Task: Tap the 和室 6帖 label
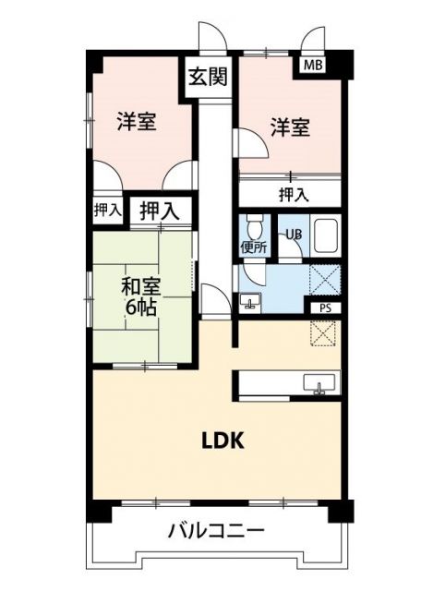pyautogui.click(x=140, y=296)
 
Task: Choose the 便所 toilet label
pyautogui.click(x=254, y=247)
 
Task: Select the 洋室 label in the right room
pyautogui.click(x=289, y=128)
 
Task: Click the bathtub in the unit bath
pyautogui.click(x=326, y=237)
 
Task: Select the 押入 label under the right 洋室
pyautogui.click(x=294, y=194)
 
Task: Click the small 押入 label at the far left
pyautogui.click(x=107, y=211)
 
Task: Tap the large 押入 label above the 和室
pyautogui.click(x=160, y=211)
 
